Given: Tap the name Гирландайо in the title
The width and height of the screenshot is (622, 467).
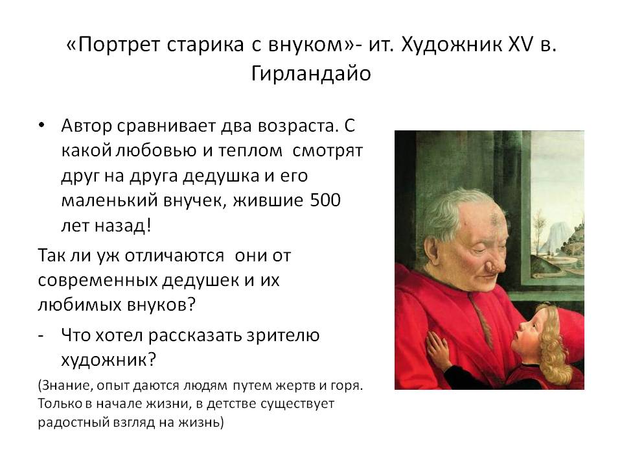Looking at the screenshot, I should click(310, 73).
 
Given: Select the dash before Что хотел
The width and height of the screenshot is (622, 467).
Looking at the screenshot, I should click(42, 335).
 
